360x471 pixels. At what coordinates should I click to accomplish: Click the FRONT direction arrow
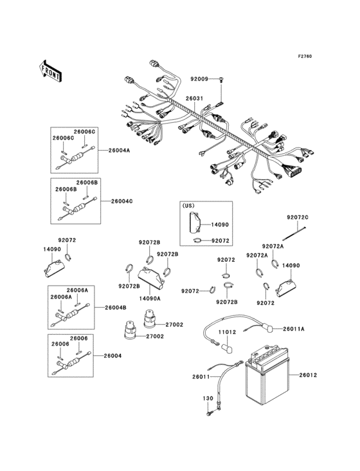point(50,71)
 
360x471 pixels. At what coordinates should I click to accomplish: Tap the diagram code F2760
point(305,56)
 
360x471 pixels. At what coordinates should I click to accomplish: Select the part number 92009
point(199,79)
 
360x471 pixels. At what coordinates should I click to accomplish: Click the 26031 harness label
point(194,98)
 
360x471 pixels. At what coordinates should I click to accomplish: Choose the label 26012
point(308,375)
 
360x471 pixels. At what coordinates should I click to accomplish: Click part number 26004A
point(120,151)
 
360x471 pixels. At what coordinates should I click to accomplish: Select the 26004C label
point(122,201)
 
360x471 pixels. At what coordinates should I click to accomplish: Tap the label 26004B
point(116,308)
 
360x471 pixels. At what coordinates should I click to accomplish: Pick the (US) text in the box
point(188,206)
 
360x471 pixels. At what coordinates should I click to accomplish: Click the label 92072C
point(298,217)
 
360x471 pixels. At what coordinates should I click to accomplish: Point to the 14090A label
point(150,299)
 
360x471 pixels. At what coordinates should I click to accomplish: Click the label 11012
point(227,332)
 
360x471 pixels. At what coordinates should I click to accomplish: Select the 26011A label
point(294,329)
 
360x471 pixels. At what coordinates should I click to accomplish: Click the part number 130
point(208,398)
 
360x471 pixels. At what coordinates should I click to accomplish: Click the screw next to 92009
point(221,79)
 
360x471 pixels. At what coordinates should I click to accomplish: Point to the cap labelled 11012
point(227,348)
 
